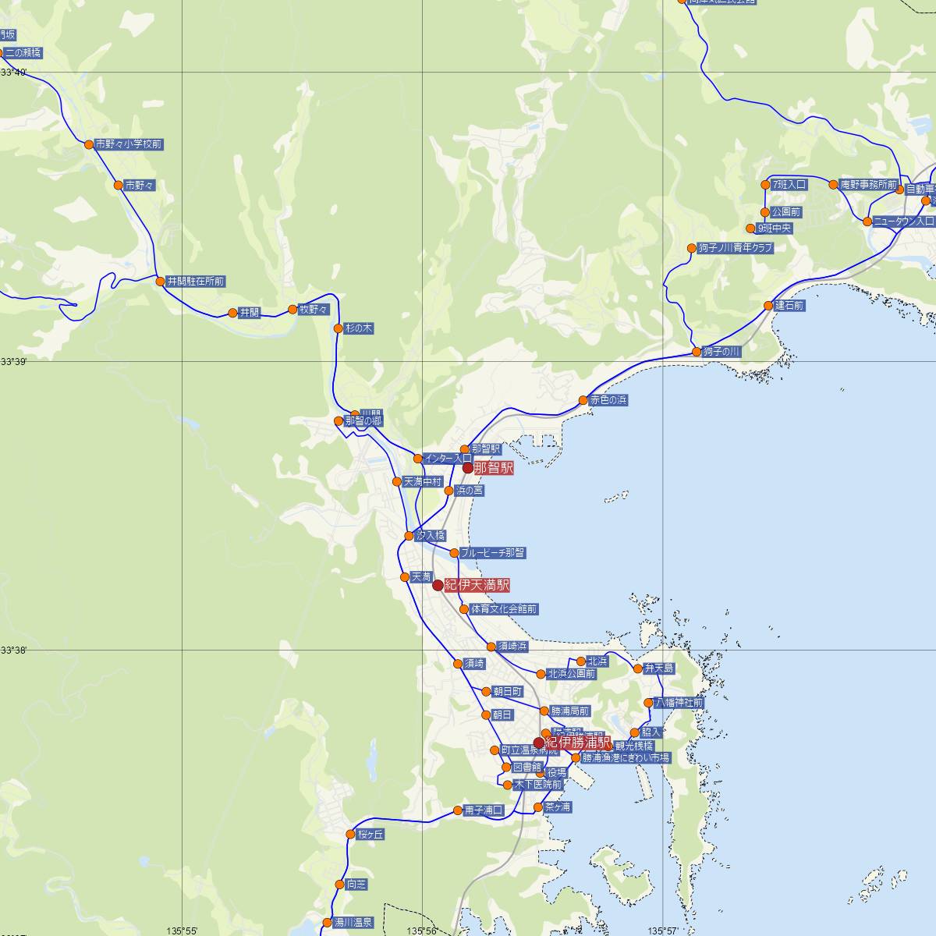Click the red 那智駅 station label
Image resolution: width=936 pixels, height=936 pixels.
493,469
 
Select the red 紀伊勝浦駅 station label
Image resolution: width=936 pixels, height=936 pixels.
578,743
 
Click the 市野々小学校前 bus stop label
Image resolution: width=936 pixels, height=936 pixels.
129,144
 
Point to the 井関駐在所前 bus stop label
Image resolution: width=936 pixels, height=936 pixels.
196,281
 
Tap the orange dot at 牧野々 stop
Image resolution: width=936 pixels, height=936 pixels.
293,310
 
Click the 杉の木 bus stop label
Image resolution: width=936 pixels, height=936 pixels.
359,329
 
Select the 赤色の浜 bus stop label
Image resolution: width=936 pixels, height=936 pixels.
608,400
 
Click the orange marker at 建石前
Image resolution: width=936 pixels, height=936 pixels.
769,306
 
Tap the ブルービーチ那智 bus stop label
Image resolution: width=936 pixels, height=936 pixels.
492,553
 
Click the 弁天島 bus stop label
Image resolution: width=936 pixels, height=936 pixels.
658,668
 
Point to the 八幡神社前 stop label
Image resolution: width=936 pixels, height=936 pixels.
679,703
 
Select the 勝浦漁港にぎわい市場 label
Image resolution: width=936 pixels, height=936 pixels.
625,757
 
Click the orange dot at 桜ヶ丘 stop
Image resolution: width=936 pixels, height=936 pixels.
351,835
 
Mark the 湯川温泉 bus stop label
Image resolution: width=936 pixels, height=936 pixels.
353,922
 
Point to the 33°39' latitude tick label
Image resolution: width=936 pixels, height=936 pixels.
13,362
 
